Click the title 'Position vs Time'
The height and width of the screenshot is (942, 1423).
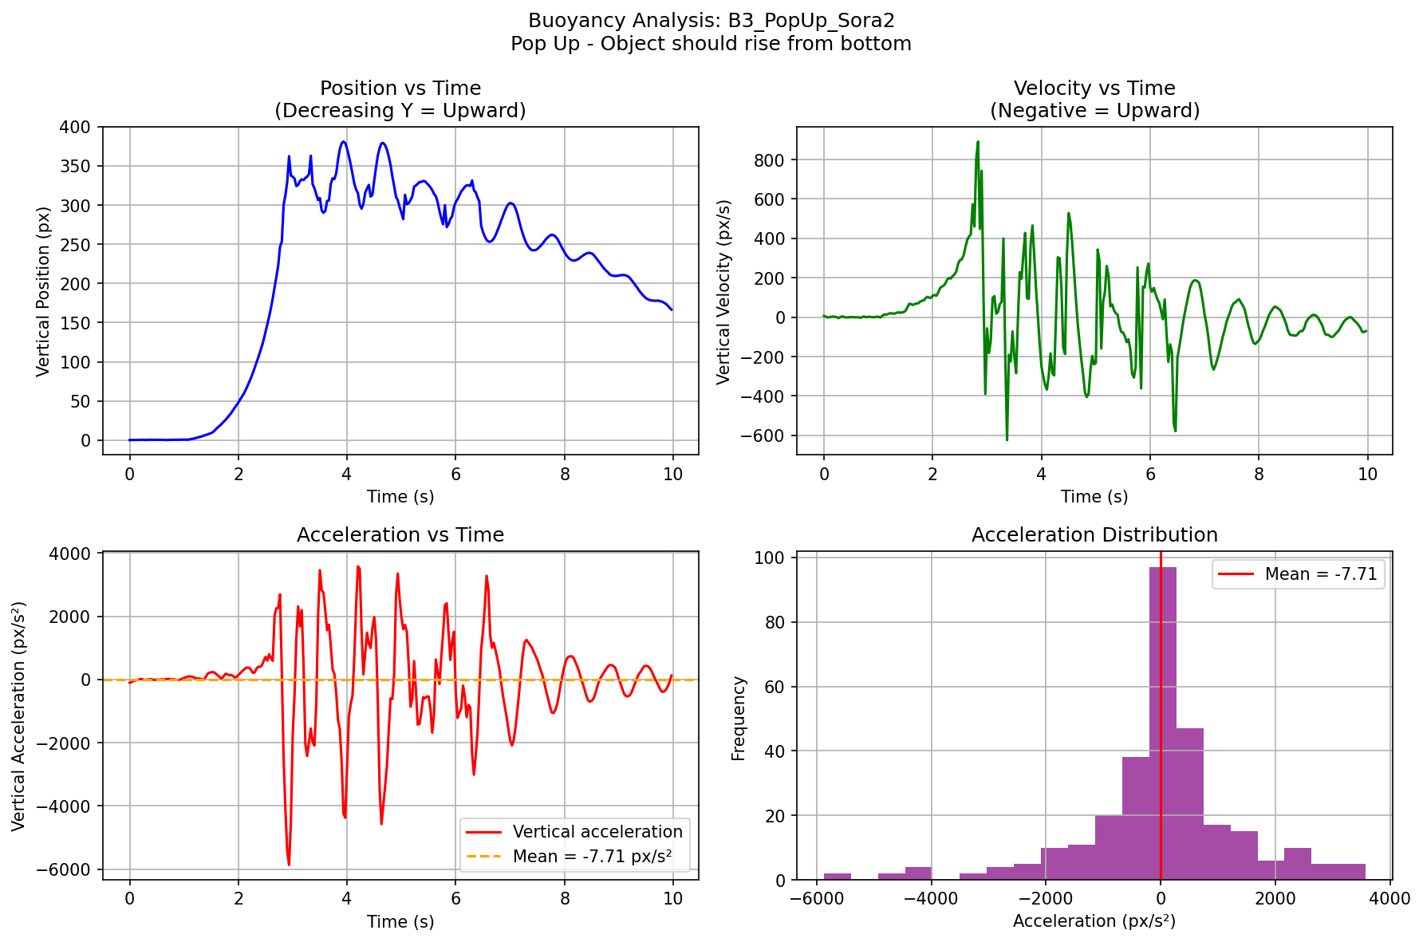400,89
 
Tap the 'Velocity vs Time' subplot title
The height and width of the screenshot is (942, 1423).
1094,89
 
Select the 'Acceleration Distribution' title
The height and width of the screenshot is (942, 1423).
1094,535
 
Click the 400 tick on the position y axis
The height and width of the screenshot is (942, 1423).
79,128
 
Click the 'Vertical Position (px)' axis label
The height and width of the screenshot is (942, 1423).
45,291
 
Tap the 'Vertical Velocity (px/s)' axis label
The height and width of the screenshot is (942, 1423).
723,291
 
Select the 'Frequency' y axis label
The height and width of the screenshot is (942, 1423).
739,718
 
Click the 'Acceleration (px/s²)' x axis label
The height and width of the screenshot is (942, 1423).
1094,921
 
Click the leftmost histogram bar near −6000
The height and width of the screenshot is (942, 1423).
837,876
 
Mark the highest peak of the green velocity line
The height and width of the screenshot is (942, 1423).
978,142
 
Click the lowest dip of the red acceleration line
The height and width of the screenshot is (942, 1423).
289,865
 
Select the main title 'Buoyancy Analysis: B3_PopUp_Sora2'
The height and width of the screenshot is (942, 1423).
711,21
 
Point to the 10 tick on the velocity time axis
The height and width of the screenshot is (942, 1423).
1367,474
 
